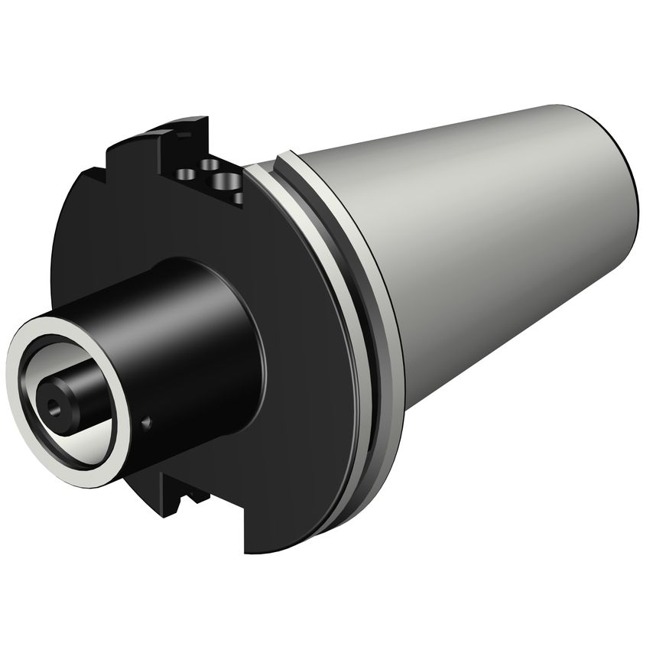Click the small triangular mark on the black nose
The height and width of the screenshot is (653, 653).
[147, 424]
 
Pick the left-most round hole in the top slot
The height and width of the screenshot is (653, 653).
[186, 174]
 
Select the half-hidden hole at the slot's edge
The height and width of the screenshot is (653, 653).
[239, 198]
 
